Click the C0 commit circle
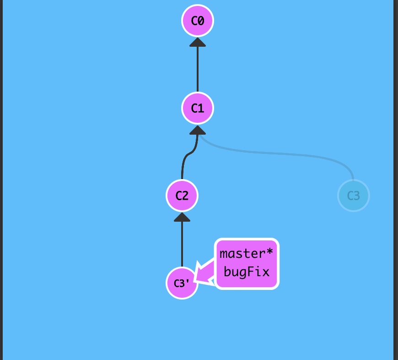pyautogui.click(x=198, y=21)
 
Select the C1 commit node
pyautogui.click(x=198, y=108)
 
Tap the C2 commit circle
pyautogui.click(x=182, y=196)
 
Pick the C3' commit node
pyautogui.click(x=182, y=284)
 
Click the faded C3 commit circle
pyautogui.click(x=353, y=196)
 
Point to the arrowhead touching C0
pyautogui.click(x=198, y=42)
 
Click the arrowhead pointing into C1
pyautogui.click(x=198, y=129)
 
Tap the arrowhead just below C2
pyautogui.click(x=182, y=217)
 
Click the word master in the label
pyautogui.click(x=243, y=253)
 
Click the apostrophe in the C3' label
pyautogui.click(x=189, y=281)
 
